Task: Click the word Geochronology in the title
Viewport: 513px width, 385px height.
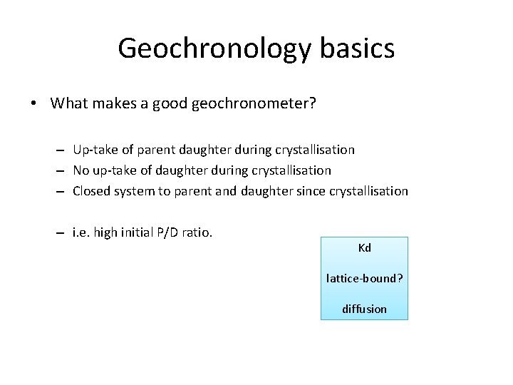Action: pyautogui.click(x=214, y=48)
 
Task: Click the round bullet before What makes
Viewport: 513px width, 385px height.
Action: pyautogui.click(x=35, y=104)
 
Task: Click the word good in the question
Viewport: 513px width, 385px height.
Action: pyautogui.click(x=175, y=103)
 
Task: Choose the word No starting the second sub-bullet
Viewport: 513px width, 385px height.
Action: pyautogui.click(x=81, y=170)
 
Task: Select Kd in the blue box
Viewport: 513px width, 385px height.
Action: pyautogui.click(x=364, y=248)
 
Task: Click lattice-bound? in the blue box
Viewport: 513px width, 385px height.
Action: pyautogui.click(x=364, y=278)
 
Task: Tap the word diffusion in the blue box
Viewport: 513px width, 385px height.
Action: pyautogui.click(x=364, y=309)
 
